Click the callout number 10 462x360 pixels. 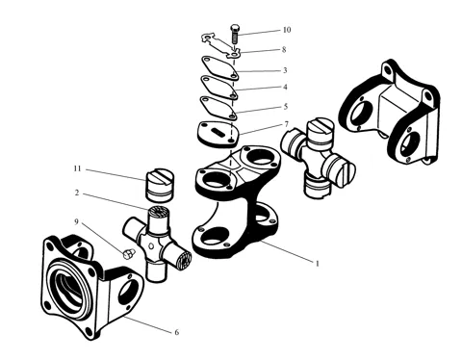tap(287, 30)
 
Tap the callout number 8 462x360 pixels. tap(284, 50)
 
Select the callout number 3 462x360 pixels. tap(285, 70)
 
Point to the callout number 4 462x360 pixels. tap(285, 87)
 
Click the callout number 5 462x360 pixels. tap(286, 107)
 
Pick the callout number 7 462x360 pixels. tap(286, 124)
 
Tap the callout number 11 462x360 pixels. tap(77, 168)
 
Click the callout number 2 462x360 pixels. tap(77, 193)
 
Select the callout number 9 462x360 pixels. tap(76, 221)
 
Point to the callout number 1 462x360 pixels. tap(318, 264)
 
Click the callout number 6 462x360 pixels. tap(177, 332)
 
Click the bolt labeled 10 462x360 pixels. tap(234, 35)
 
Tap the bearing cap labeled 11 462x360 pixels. tap(160, 186)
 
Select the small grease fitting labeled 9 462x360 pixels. tap(127, 253)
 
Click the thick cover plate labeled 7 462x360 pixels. tap(218, 135)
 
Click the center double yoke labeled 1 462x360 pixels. tap(237, 202)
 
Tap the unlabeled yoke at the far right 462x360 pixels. tap(389, 113)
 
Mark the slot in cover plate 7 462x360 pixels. tap(218, 131)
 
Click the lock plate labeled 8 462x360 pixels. tap(221, 46)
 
